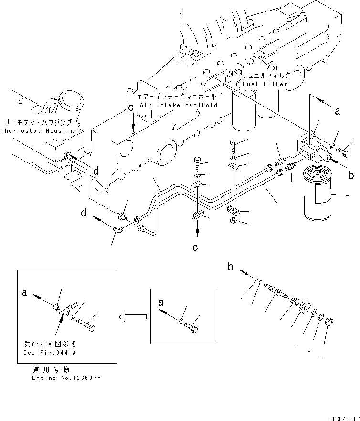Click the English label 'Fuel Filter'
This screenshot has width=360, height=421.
click(265, 84)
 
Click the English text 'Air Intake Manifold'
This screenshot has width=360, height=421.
click(179, 105)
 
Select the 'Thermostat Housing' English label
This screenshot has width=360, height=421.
click(37, 130)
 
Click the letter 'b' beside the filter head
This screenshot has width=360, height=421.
click(351, 175)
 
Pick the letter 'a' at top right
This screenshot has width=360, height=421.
click(337, 112)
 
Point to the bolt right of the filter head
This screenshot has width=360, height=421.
click(343, 152)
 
